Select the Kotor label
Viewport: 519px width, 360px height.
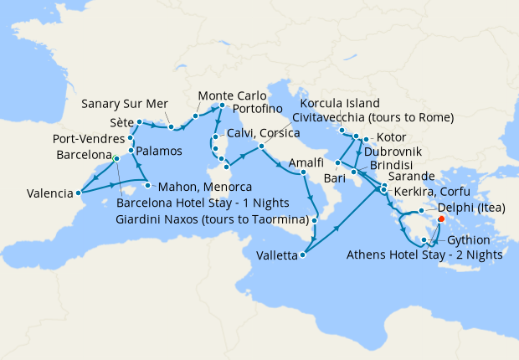[392, 137]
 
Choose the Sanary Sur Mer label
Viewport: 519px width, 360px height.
[125, 105]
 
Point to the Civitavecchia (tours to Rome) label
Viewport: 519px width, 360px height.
[373, 116]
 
